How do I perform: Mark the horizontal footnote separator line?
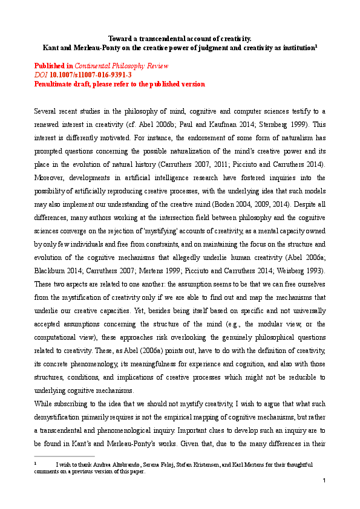[x=64, y=456]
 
